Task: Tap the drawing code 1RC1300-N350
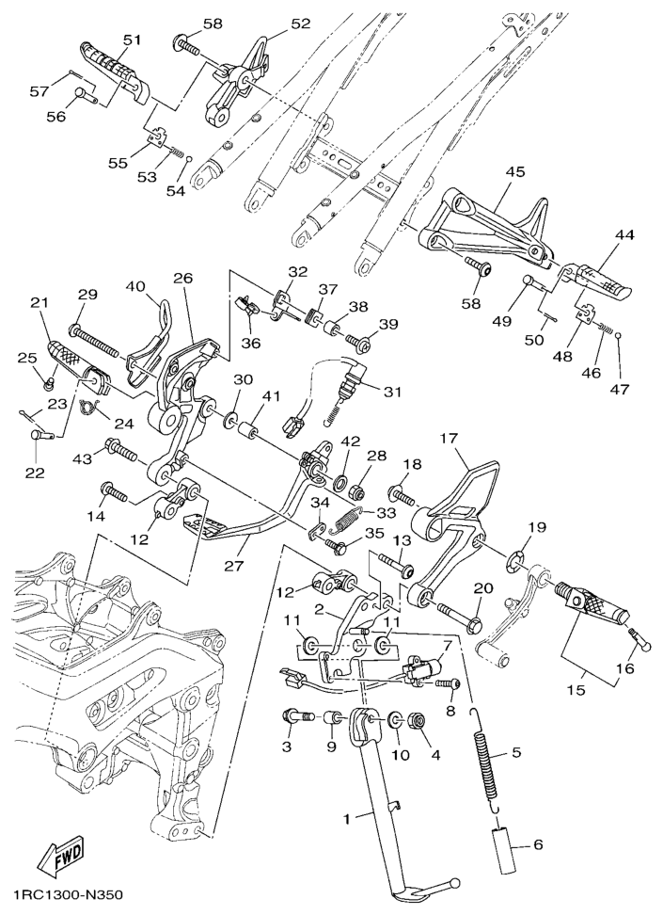coord(68,893)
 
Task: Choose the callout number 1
coord(346,819)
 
